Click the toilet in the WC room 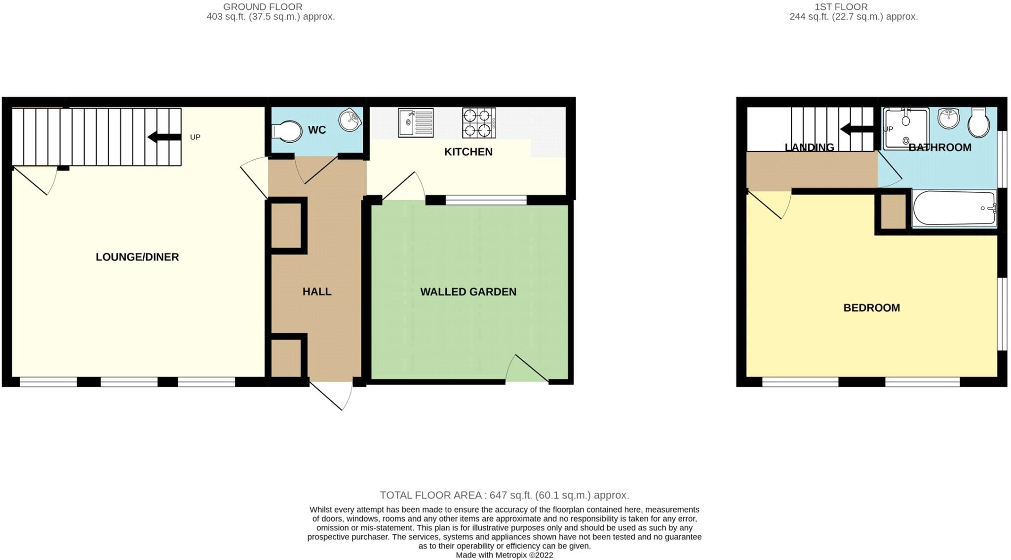[287, 131]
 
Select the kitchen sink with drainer [416, 123]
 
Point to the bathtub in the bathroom [954, 209]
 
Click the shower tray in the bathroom [906, 129]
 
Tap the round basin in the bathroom [948, 118]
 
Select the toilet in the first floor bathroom [979, 122]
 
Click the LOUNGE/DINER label [137, 257]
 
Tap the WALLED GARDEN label [468, 292]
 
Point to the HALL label [317, 292]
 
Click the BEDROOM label [871, 308]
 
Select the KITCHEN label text [468, 152]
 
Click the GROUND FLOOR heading [263, 7]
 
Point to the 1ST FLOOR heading [848, 7]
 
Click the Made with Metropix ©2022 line [504, 555]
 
